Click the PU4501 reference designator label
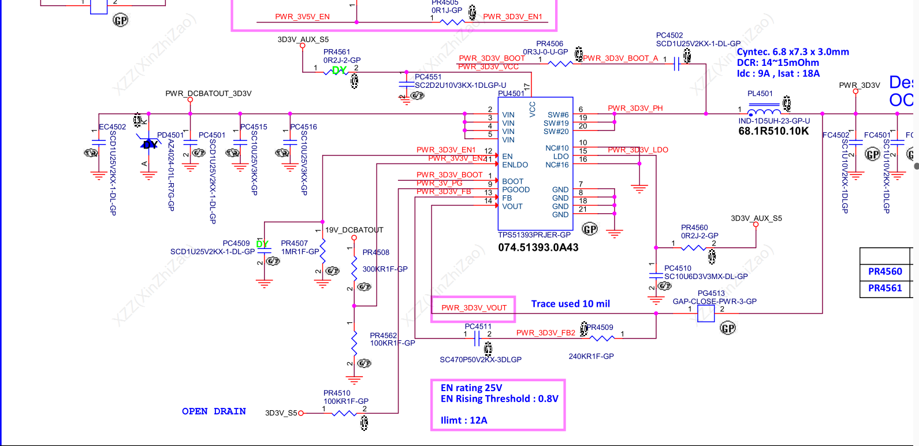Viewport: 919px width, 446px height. click(511, 94)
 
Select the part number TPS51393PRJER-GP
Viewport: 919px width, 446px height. click(534, 235)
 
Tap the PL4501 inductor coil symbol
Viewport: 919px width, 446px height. click(764, 112)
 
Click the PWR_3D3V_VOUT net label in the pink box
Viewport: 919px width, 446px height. click(474, 308)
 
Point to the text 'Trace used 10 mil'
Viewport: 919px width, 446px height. click(570, 304)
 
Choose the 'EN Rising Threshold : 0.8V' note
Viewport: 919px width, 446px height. click(499, 399)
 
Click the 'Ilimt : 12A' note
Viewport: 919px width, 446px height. click(464, 421)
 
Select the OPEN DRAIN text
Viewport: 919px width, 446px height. click(214, 411)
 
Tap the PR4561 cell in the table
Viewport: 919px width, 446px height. click(885, 288)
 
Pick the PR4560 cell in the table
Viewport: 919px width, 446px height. click(885, 272)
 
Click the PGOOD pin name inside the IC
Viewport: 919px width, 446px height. click(516, 189)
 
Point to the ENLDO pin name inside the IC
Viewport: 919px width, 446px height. click(515, 165)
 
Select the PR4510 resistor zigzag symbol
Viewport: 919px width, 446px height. click(344, 413)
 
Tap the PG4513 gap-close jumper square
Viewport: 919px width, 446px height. click(706, 314)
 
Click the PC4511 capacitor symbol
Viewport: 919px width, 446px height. click(477, 339)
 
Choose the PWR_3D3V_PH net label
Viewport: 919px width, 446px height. click(635, 109)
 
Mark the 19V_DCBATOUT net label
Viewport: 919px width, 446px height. click(354, 230)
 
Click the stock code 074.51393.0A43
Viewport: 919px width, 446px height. click(538, 247)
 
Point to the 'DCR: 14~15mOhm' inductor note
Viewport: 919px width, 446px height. click(777, 63)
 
